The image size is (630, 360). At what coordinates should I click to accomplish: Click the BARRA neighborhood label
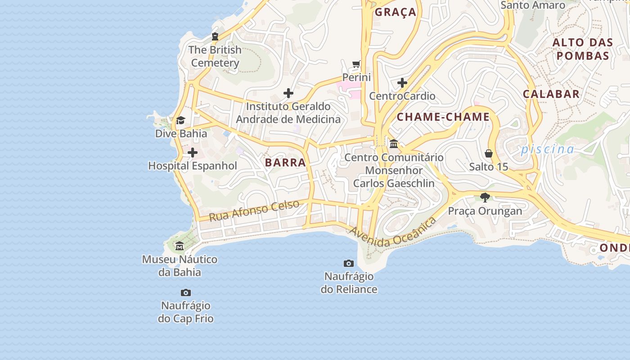pos(285,162)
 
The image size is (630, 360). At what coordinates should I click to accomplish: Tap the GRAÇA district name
pos(396,12)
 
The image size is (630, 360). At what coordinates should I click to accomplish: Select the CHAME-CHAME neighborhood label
pos(443,117)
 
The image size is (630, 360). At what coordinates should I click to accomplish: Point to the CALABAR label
pos(551,94)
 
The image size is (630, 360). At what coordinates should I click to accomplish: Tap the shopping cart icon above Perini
pos(356,64)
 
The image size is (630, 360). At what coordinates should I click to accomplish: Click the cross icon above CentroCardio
pos(402,83)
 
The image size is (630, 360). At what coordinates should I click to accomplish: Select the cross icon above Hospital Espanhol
pos(193,153)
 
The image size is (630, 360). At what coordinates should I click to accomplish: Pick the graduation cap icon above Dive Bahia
pos(180,120)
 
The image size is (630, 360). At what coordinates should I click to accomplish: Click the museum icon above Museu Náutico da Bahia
pos(180,246)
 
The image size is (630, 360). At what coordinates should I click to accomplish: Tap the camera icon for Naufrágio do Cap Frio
pos(185,292)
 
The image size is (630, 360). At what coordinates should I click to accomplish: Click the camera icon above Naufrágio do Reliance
pos(349,263)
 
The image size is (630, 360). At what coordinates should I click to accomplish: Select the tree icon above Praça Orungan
pos(485,197)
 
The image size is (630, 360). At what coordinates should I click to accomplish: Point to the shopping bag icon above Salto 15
pos(489,153)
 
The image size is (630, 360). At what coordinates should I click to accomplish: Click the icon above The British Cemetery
pos(215,36)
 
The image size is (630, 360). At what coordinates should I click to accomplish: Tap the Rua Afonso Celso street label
pos(254,210)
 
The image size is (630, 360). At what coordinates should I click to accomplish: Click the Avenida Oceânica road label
pos(393,232)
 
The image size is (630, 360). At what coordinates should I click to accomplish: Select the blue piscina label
pos(547,149)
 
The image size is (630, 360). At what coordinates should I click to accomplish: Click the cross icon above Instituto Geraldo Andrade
pos(288,93)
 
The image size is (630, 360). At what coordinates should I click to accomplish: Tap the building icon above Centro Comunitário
pos(394,144)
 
